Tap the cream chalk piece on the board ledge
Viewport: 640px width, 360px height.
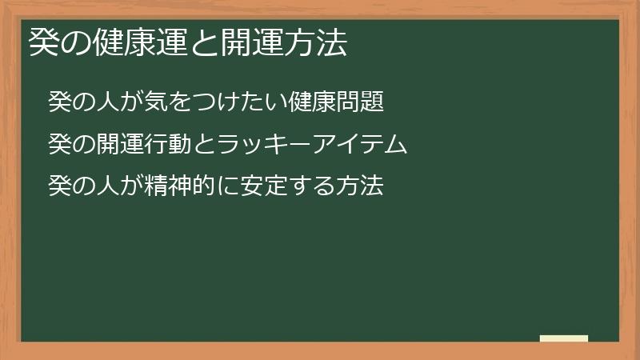point(563,338)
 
